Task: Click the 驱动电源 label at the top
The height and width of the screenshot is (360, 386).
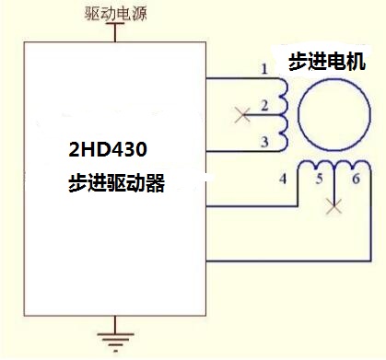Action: coord(114,14)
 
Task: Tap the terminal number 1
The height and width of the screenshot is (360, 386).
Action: coord(264,69)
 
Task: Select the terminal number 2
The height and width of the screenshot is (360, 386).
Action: coord(264,107)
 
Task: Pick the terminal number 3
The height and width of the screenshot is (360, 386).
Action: coord(264,141)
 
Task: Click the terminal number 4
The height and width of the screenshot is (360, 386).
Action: coord(285,177)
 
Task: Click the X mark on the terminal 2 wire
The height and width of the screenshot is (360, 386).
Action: coord(242,115)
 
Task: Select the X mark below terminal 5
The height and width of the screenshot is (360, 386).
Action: coord(333,207)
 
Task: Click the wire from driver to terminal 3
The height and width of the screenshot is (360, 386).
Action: coord(235,149)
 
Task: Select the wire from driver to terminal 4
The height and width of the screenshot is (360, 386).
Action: coord(249,204)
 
